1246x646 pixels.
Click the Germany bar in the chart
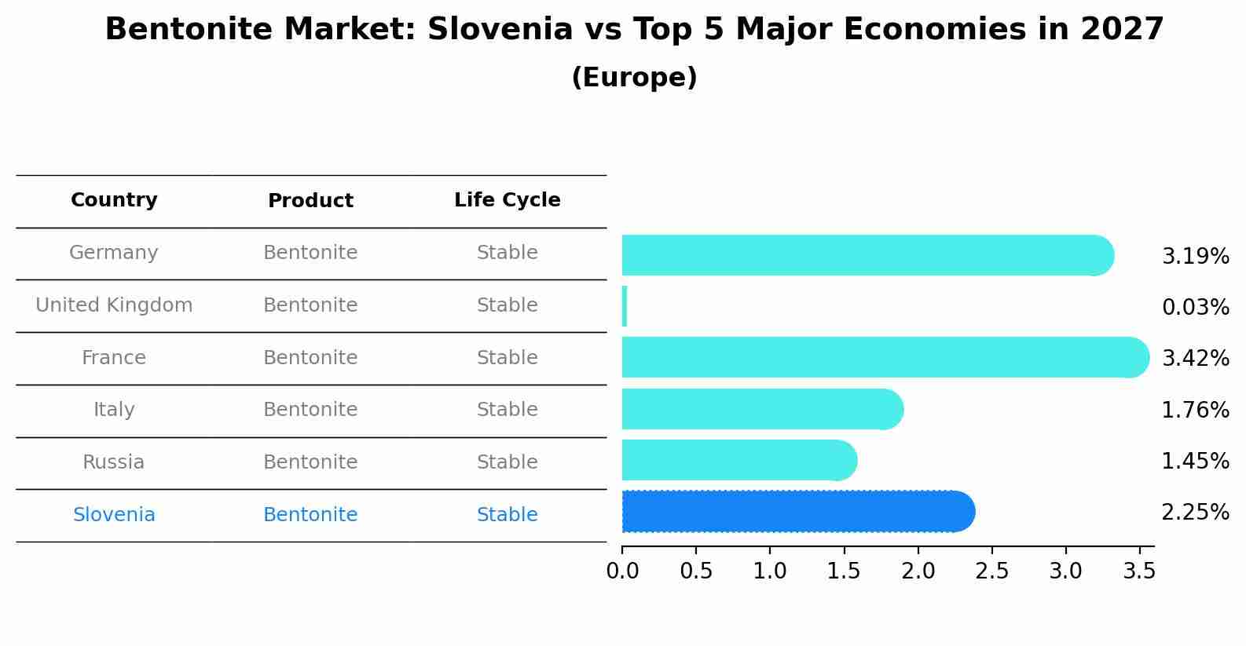pyautogui.click(x=864, y=255)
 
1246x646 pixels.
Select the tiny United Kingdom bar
pyautogui.click(x=625, y=306)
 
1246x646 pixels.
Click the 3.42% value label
pyautogui.click(x=1195, y=359)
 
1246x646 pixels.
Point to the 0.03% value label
pyautogui.click(x=1195, y=308)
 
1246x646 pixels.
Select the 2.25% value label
pyautogui.click(x=1195, y=513)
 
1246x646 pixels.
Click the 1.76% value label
pyautogui.click(x=1195, y=410)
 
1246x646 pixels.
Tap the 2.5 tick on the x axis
pyautogui.click(x=991, y=571)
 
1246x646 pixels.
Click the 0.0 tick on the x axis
pyautogui.click(x=622, y=571)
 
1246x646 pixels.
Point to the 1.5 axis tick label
pyautogui.click(x=844, y=571)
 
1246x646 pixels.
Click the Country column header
pyautogui.click(x=114, y=200)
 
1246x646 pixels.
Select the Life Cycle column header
pyautogui.click(x=507, y=200)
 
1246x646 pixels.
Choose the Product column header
pyautogui.click(x=310, y=201)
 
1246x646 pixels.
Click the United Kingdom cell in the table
pyautogui.click(x=114, y=305)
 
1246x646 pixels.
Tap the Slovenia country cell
pyautogui.click(x=114, y=515)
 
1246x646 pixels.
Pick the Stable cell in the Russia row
pyautogui.click(x=507, y=462)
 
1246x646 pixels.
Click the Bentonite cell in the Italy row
pyautogui.click(x=310, y=410)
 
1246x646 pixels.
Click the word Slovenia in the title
pyautogui.click(x=500, y=30)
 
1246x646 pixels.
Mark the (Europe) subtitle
pyautogui.click(x=634, y=78)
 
